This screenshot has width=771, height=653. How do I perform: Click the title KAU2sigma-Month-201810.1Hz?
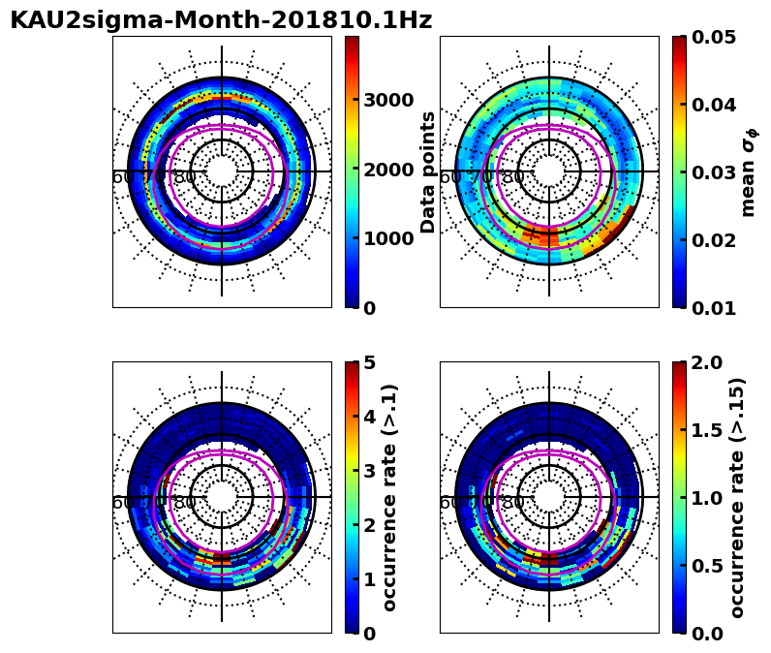point(221,20)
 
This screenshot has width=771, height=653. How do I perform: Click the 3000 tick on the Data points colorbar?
point(387,100)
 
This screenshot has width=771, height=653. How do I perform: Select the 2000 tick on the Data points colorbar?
point(387,170)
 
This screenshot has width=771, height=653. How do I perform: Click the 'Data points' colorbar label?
point(429,171)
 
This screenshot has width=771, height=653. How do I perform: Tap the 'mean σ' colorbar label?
point(749,171)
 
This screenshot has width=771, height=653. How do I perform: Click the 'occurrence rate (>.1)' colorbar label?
point(389,497)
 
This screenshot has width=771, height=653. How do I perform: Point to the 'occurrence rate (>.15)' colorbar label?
point(737,497)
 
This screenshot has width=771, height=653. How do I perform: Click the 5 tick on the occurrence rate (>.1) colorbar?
point(370,363)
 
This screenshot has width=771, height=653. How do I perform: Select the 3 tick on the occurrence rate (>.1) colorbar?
point(370,471)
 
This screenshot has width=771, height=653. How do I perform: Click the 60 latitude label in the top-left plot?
point(123,177)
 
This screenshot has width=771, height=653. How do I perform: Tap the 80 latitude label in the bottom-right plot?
point(512,503)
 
